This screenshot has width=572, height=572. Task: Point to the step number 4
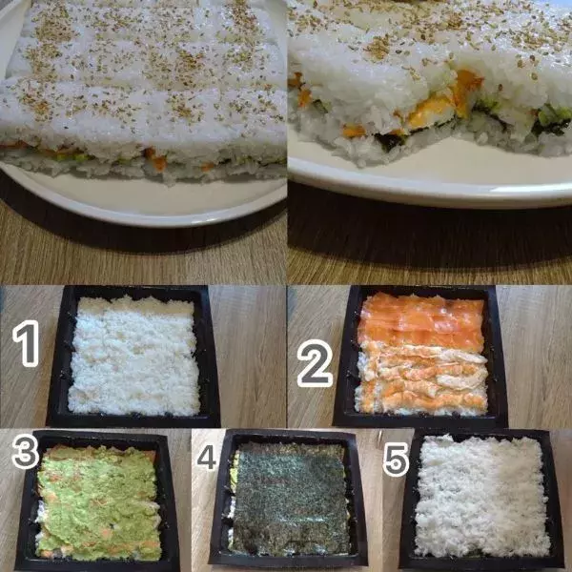click(x=206, y=460)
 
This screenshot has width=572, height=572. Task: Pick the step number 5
click(x=394, y=460)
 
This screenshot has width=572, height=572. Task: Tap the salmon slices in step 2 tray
click(x=419, y=321)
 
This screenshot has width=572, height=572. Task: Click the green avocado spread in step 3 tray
click(x=95, y=496)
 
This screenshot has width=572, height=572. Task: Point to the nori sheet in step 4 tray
click(x=291, y=496)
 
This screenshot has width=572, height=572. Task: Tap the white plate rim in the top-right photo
click(x=429, y=181)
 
